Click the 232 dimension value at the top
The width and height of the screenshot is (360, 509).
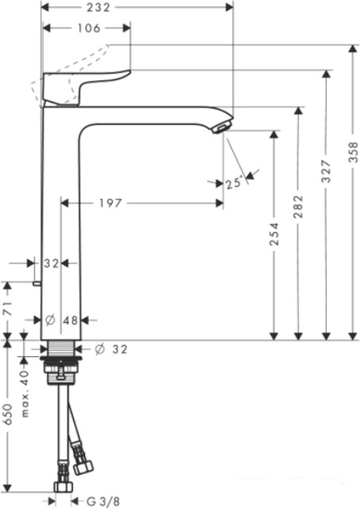(x=121, y=6)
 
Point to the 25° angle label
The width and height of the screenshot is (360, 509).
(x=233, y=184)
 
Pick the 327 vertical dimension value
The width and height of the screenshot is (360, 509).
(x=326, y=194)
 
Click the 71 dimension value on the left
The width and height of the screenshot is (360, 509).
(x=7, y=310)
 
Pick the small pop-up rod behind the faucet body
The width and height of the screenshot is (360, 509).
(x=37, y=282)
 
